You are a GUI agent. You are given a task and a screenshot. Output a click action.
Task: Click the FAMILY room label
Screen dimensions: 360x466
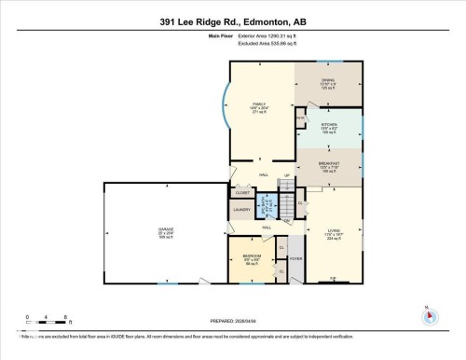click(260, 104)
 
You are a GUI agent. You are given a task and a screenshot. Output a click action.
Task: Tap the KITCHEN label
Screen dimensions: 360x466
click(329, 125)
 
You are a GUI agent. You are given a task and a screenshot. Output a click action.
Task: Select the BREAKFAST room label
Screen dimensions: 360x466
click(329, 165)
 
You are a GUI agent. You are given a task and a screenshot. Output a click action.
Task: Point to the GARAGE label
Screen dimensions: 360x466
click(165, 228)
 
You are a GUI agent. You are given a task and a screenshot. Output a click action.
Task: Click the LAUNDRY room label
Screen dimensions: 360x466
click(240, 210)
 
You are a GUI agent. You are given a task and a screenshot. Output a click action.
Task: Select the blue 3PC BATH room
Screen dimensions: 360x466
click(267, 204)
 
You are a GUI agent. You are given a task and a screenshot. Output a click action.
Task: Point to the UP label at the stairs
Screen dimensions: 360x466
click(288, 176)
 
